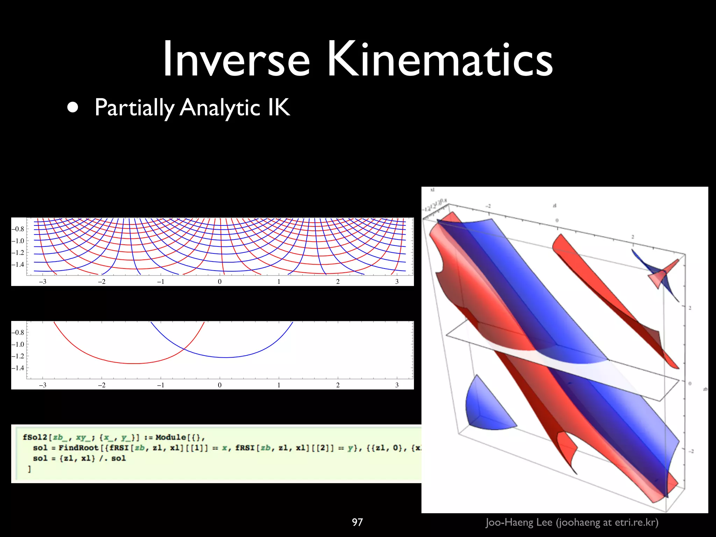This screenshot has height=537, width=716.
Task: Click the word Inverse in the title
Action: (x=236, y=59)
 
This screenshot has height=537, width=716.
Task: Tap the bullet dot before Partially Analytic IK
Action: (x=73, y=108)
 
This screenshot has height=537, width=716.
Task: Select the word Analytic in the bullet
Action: (x=220, y=108)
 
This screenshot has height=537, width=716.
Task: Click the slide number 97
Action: (x=357, y=522)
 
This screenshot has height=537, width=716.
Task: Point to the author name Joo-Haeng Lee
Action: (x=519, y=522)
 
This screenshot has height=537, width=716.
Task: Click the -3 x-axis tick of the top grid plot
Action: (x=42, y=282)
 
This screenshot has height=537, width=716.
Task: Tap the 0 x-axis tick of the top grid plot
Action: (x=220, y=282)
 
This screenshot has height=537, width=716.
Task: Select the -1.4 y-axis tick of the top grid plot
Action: (x=18, y=265)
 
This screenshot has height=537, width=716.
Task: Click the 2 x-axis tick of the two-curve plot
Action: (x=338, y=385)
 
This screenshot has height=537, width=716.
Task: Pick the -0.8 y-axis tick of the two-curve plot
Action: (x=18, y=332)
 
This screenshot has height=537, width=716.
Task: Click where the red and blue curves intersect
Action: (x=184, y=349)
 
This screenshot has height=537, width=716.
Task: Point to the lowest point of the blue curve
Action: (x=225, y=357)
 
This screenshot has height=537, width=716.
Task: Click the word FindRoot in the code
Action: (x=78, y=448)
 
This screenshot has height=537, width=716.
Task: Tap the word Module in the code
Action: (x=170, y=437)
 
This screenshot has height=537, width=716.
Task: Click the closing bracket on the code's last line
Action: (x=29, y=469)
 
